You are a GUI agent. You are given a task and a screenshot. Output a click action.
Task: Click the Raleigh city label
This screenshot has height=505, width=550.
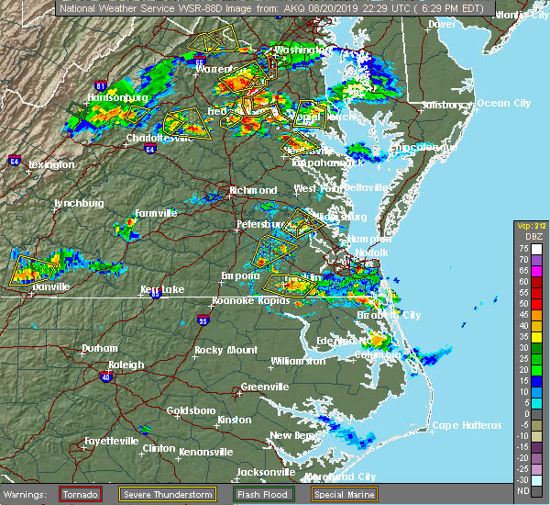tap(126, 365)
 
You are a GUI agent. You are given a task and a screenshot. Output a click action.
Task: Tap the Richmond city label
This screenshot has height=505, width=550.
tap(253, 190)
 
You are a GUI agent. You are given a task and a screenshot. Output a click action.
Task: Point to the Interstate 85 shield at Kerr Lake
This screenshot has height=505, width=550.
tap(157, 294)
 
